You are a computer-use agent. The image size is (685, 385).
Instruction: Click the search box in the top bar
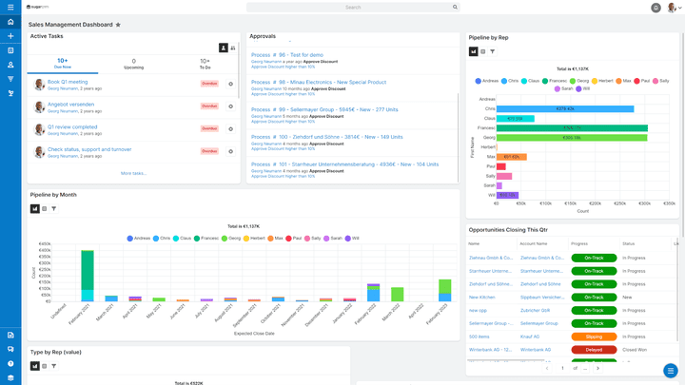coord(353,7)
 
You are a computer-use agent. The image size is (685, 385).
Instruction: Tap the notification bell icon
coord(671,8)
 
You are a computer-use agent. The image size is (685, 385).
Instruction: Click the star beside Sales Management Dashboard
coord(118,25)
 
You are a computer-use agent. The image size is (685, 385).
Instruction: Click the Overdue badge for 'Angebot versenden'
coord(209,106)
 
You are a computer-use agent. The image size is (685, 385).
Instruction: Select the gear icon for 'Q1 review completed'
coord(230,128)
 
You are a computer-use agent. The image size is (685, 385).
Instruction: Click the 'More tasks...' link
coord(133,173)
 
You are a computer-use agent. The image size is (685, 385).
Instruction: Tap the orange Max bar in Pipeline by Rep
coord(512,156)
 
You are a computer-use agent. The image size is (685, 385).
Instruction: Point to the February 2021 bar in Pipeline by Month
coord(88,276)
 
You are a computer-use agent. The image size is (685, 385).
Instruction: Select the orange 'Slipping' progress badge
coord(594,336)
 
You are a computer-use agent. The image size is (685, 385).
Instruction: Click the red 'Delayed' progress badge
coord(594,349)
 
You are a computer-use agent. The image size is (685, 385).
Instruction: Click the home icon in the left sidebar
coord(10,22)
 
